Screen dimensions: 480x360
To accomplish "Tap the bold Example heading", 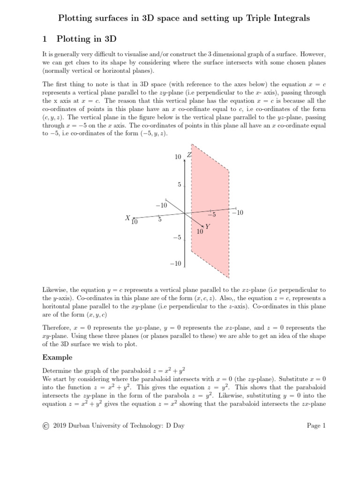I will pos(57,358).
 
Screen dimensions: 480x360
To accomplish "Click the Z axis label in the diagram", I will pos(189,155).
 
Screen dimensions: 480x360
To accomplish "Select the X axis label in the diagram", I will pos(127,218).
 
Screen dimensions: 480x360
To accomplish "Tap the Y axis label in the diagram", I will pos(207,226).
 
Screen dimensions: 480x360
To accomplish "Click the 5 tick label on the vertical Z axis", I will pos(179,185).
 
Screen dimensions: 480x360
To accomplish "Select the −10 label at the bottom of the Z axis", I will pos(175,264).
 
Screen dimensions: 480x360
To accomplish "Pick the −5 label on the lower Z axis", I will pos(176,238).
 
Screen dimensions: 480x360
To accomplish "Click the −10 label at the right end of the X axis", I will pos(238,213).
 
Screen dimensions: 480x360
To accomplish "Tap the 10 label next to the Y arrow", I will pos(200,232).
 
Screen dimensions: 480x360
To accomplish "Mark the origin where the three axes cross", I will pos(186,213).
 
